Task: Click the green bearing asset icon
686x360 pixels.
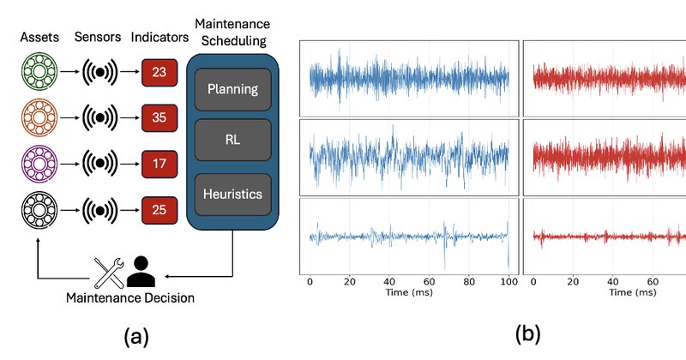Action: tap(39, 71)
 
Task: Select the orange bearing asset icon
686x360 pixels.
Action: tap(39, 117)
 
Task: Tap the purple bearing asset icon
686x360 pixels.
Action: tap(39, 164)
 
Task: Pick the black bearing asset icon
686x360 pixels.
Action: tap(39, 210)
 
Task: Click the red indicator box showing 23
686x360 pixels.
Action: tap(159, 72)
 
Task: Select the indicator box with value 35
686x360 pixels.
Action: tap(159, 117)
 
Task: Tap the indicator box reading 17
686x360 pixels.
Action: tap(159, 164)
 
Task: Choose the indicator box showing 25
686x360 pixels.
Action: tap(159, 210)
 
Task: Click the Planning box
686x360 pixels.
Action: tap(232, 89)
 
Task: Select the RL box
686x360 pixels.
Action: tap(232, 140)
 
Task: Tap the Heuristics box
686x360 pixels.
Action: tap(232, 195)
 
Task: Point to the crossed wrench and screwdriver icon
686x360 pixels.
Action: tap(110, 273)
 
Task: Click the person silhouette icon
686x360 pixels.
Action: tap(141, 272)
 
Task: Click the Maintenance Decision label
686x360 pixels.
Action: tap(130, 298)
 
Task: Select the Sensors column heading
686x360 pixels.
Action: tap(98, 37)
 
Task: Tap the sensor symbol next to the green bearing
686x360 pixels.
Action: tap(99, 72)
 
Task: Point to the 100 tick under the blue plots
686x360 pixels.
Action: tap(509, 282)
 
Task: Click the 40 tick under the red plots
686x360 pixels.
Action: tap(613, 282)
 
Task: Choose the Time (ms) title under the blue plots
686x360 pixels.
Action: tap(409, 292)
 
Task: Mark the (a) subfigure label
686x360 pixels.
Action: tap(136, 337)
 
